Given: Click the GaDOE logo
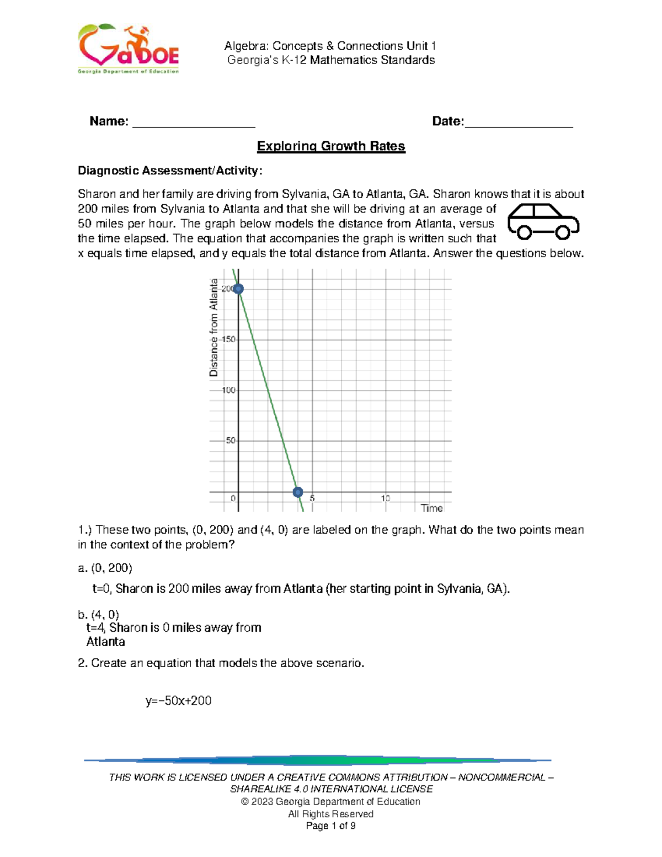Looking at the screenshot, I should (128, 49).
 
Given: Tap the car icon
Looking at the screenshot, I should (543, 222).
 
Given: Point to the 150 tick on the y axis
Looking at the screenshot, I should (229, 339).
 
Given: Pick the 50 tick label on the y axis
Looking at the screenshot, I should (230, 441).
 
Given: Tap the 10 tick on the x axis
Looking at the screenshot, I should (385, 498).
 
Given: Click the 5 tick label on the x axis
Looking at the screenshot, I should (312, 498).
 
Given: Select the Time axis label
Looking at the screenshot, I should (431, 508).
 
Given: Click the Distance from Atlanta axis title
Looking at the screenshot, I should (214, 328).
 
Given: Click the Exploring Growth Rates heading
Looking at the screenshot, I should (331, 146).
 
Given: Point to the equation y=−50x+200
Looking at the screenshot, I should (178, 701).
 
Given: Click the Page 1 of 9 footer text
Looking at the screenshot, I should (330, 826).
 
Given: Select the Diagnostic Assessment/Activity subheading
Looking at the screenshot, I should (170, 171).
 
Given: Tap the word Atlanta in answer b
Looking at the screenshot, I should (106, 642).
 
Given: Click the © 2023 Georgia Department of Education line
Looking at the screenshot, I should (330, 801).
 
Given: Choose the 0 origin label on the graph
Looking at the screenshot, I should (233, 498).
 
